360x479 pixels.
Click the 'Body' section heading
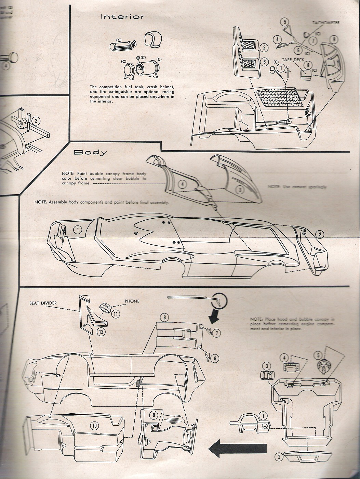pos(91,153)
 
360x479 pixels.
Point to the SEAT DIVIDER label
pos(43,303)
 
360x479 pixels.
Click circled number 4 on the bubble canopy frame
pos(183,185)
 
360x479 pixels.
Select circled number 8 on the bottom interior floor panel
pos(165,318)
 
